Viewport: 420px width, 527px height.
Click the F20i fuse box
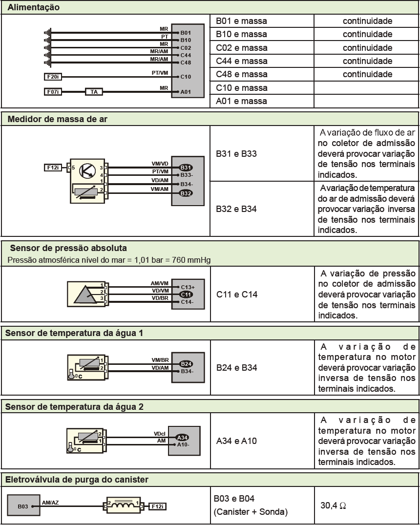53,77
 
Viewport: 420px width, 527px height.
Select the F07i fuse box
53,92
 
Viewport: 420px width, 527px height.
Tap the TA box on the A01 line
94,92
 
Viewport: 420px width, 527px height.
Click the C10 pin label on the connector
186,77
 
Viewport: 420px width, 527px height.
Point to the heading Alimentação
34,7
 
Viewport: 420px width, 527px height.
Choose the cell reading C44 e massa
242,61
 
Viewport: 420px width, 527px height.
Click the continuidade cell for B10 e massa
367,34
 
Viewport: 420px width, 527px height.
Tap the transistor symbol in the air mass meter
87,170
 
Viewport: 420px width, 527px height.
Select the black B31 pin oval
186,168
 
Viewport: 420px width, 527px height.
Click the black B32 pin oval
186,193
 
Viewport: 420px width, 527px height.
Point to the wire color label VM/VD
160,164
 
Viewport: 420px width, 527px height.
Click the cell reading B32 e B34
236,209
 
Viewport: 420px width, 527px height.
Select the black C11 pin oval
186,295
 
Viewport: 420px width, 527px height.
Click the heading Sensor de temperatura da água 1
74,333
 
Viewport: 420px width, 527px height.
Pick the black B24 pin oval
186,364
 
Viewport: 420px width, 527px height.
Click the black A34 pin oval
182,437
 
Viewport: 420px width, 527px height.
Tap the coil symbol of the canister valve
123,505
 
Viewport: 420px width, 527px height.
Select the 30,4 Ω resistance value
333,506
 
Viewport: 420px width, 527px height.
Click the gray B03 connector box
23,505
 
